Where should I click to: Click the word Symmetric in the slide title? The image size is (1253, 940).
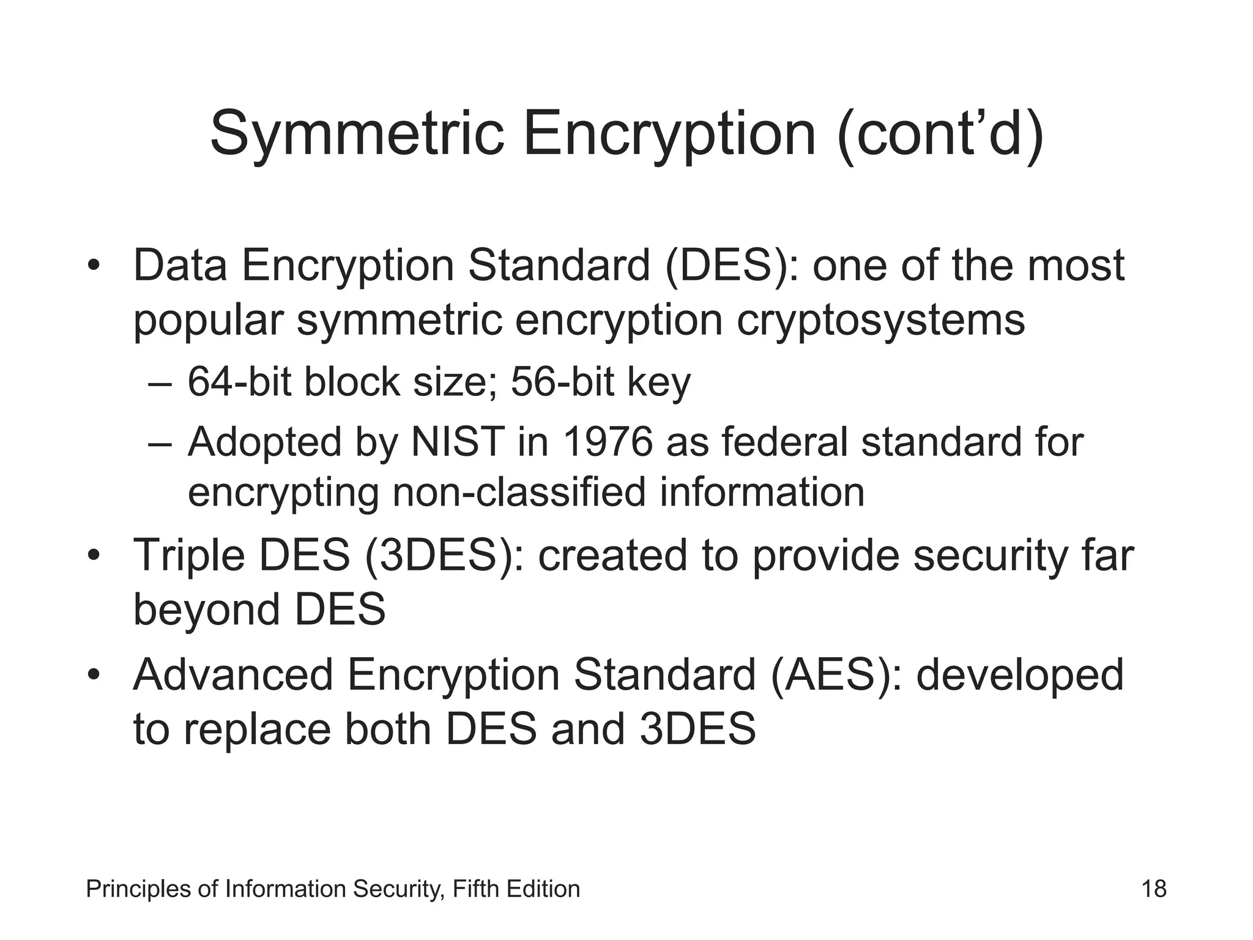point(357,133)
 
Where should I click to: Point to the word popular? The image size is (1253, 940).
point(208,322)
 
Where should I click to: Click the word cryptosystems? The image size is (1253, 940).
point(880,321)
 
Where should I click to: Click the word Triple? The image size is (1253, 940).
point(188,556)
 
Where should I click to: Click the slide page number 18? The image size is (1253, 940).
point(1154,889)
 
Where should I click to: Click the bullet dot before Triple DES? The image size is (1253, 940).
point(93,556)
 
